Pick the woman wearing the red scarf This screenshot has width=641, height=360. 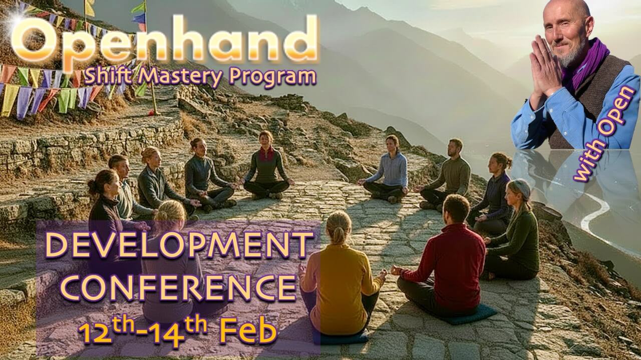(x=266, y=165)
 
